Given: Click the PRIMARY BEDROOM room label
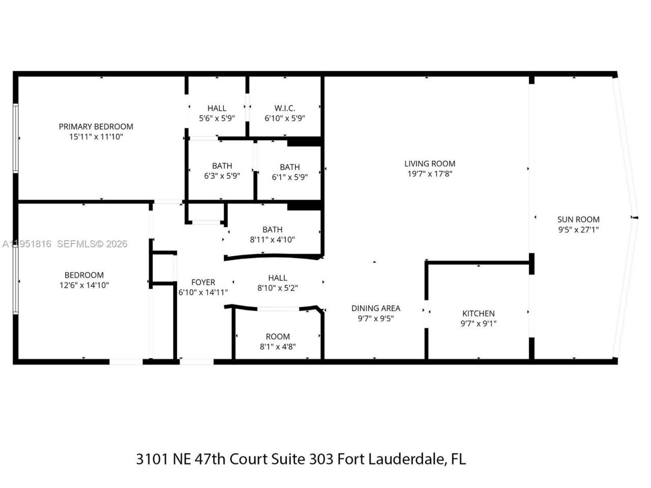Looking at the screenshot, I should click(96, 127).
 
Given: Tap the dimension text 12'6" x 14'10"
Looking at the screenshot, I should click(84, 285).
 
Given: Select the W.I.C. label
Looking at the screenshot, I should click(284, 108).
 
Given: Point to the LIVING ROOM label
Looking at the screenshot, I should click(430, 164).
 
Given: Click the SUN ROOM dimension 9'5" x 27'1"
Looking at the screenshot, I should click(578, 230).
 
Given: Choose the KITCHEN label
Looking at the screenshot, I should click(478, 314).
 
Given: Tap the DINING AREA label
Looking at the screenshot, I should click(375, 308).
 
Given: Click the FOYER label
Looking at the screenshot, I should click(203, 282).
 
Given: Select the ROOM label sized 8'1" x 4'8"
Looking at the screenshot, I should click(278, 337).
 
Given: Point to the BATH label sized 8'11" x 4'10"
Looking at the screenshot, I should click(272, 230).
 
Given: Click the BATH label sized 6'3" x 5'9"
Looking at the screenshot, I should click(222, 166).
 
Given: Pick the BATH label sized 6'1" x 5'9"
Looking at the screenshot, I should click(289, 167).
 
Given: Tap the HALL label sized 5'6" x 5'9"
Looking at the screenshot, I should click(217, 108).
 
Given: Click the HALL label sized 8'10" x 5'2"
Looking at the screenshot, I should click(278, 278).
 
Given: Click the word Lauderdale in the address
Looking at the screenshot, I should click(406, 459).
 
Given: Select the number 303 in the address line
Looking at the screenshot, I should click(321, 459).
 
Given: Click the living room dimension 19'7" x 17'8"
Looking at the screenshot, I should click(430, 174).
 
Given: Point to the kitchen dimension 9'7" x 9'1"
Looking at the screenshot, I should click(478, 324).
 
